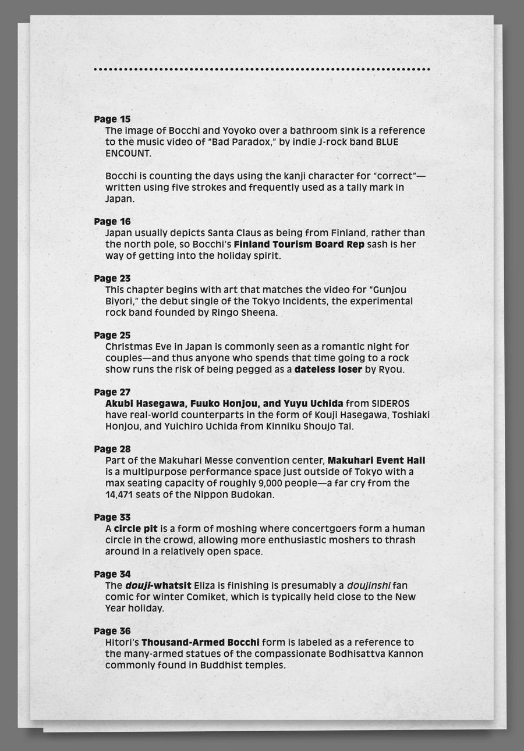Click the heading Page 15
[112, 119]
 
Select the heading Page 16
[112, 222]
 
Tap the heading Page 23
[112, 279]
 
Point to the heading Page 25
[112, 336]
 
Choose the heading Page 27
[112, 393]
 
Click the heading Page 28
[112, 449]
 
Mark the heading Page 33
[112, 517]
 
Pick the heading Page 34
[112, 574]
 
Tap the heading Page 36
[112, 631]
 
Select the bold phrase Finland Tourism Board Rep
[299, 244]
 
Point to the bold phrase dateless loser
[328, 369]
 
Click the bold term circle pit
[136, 529]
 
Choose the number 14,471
[122, 495]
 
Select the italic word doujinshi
[369, 586]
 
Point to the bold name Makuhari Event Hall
[376, 461]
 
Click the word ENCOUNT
[128, 154]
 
